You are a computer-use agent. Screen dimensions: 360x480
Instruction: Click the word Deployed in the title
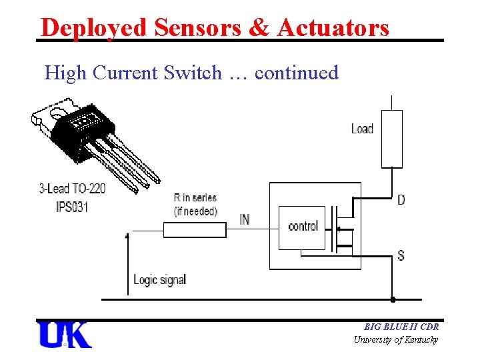(x=93, y=27)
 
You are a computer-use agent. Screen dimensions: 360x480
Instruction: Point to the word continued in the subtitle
(x=297, y=72)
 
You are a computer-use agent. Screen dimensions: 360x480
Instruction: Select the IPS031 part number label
(x=72, y=206)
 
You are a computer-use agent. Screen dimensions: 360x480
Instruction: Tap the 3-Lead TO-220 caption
(x=73, y=189)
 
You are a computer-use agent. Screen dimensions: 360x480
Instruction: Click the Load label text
(x=362, y=128)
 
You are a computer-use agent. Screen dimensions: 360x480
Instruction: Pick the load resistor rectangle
(x=391, y=139)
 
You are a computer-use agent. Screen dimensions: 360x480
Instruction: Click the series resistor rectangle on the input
(x=195, y=230)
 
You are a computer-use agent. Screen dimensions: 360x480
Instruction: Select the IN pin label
(x=245, y=219)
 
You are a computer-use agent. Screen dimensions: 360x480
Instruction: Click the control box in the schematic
(x=302, y=227)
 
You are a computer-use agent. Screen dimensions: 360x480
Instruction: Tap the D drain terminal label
(x=401, y=199)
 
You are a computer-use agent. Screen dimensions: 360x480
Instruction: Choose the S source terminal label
(x=401, y=255)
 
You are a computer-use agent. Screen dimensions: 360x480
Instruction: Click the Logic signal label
(x=159, y=279)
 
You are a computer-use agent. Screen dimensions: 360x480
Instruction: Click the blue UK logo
(x=65, y=334)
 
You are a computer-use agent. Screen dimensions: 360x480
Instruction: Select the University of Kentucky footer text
(x=396, y=339)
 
